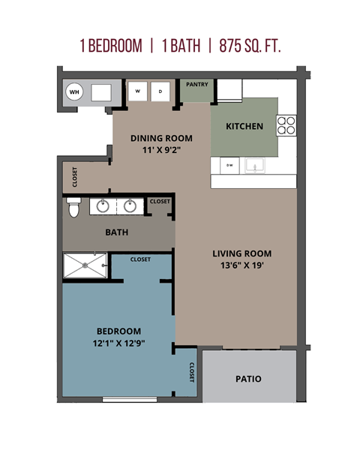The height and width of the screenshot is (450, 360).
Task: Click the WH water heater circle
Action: (x=74, y=92)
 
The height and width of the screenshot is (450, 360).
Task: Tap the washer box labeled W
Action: (x=137, y=91)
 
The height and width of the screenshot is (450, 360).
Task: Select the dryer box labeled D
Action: (x=161, y=91)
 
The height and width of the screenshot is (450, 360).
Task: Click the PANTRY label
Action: (x=197, y=85)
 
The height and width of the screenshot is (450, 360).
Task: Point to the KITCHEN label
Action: (x=244, y=126)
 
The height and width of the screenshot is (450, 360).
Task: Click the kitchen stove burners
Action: (x=286, y=124)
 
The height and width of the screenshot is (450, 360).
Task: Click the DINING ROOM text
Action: (x=161, y=138)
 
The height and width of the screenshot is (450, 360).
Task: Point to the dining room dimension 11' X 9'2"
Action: (x=161, y=150)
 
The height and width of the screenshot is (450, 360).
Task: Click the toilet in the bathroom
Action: (x=73, y=206)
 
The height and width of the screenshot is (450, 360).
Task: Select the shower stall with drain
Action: (x=85, y=265)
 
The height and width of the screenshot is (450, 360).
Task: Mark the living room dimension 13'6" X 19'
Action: (x=241, y=265)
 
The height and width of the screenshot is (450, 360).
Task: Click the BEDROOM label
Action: (x=118, y=331)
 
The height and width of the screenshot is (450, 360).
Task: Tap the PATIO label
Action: (x=248, y=379)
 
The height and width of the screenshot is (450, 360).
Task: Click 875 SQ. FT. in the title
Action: (x=250, y=46)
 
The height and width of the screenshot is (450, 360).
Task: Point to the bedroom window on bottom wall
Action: (x=129, y=400)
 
